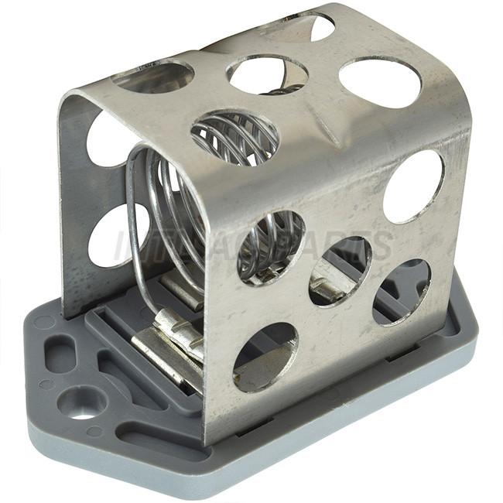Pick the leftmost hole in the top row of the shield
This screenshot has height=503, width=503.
coord(152,77)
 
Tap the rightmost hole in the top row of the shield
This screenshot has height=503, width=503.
coord(380,82)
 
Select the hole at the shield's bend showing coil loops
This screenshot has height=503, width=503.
coord(234,136)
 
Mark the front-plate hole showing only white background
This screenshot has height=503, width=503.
coord(413,186)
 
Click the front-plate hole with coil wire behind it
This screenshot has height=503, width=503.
coord(271,248)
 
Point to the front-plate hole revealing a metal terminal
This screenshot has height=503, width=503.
coord(339,271)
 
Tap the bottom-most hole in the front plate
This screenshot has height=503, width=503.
coord(265,357)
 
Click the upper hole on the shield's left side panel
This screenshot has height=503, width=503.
coord(108,140)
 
